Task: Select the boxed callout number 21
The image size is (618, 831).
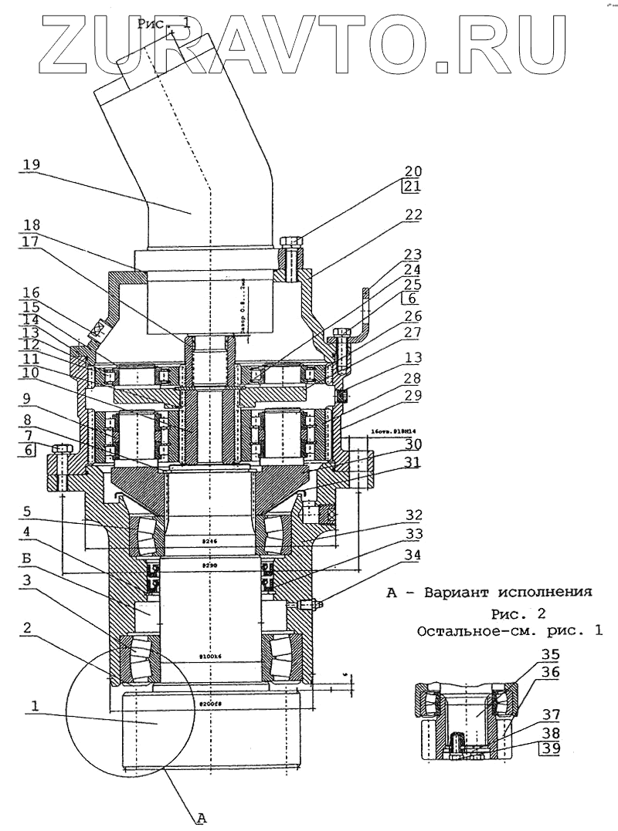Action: point(413,185)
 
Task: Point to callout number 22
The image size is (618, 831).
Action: point(413,215)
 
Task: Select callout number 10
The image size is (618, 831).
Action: point(32,374)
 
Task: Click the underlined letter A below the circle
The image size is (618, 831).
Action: point(203,819)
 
